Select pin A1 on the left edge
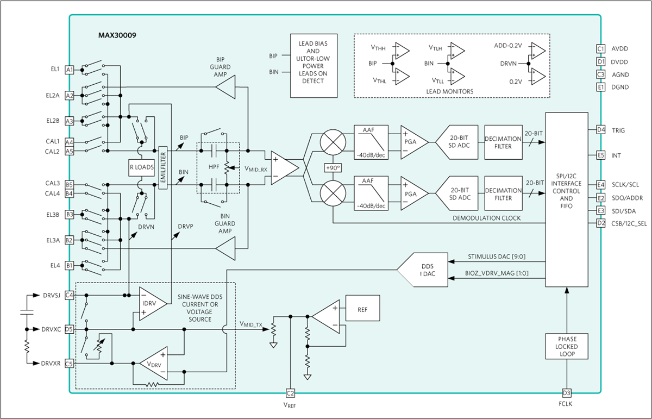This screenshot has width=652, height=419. click(x=70, y=70)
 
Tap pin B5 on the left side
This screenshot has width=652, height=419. click(x=70, y=185)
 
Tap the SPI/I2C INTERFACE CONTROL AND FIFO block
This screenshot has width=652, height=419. click(x=566, y=199)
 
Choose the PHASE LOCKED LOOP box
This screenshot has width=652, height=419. click(x=566, y=346)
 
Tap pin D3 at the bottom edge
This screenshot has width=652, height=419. click(x=566, y=392)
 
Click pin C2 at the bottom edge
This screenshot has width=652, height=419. click(x=290, y=392)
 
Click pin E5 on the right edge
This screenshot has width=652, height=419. click(x=600, y=155)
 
